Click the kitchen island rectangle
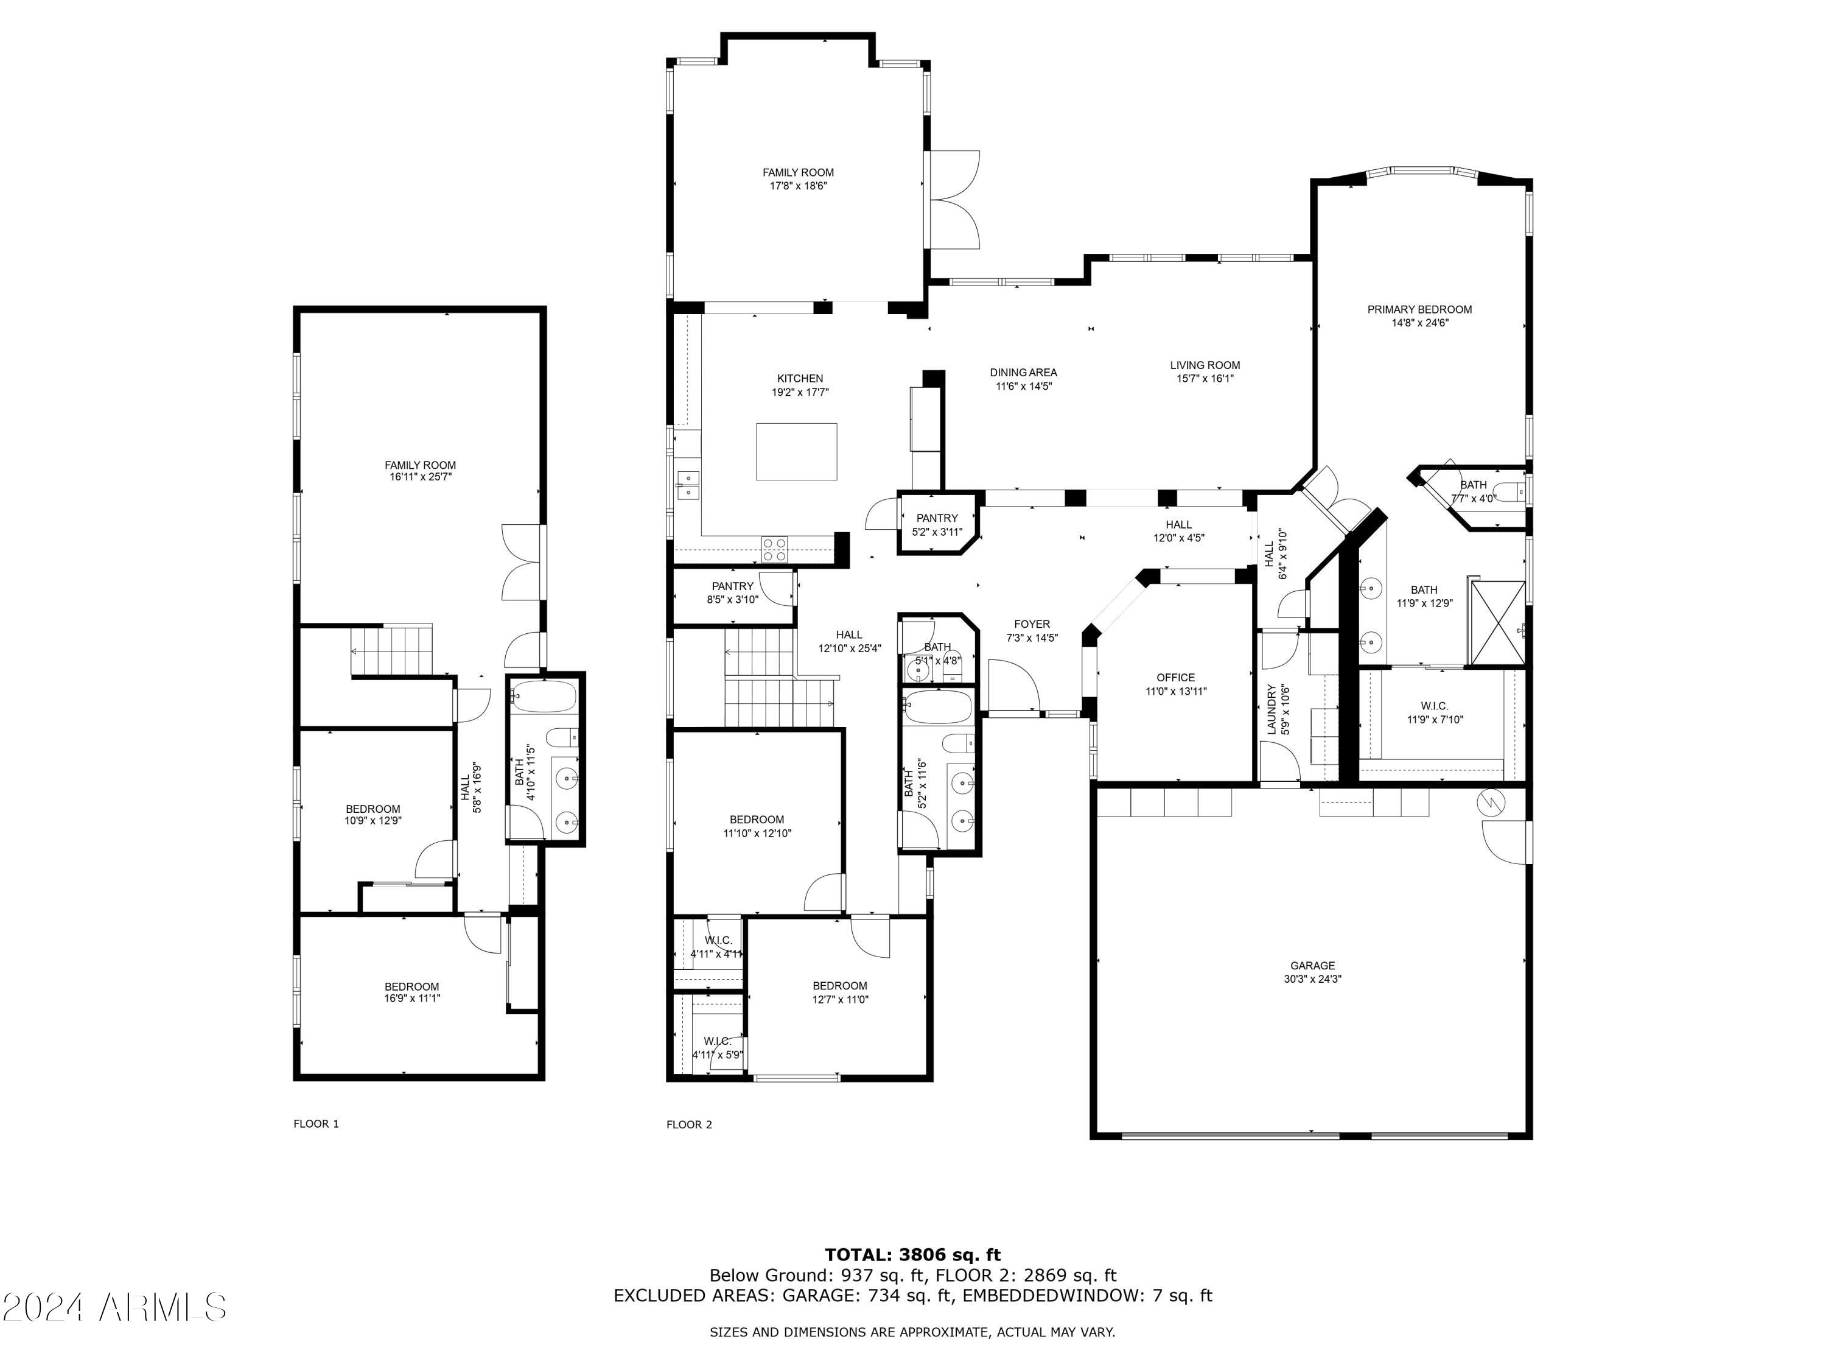[x=797, y=451]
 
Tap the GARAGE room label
[x=1312, y=965]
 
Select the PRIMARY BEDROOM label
[x=1419, y=310]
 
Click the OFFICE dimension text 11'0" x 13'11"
[x=1175, y=691]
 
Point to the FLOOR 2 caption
[x=689, y=1124]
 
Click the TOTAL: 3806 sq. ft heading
[x=912, y=1255]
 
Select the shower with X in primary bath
[x=1497, y=623]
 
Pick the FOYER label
[x=1032, y=624]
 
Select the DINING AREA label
[x=1024, y=373]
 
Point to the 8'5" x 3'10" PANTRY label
[x=732, y=593]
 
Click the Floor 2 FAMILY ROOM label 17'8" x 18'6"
[x=798, y=179]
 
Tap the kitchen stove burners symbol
[x=774, y=549]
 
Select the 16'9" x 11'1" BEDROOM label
[x=412, y=992]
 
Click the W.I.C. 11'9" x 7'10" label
[x=1435, y=712]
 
